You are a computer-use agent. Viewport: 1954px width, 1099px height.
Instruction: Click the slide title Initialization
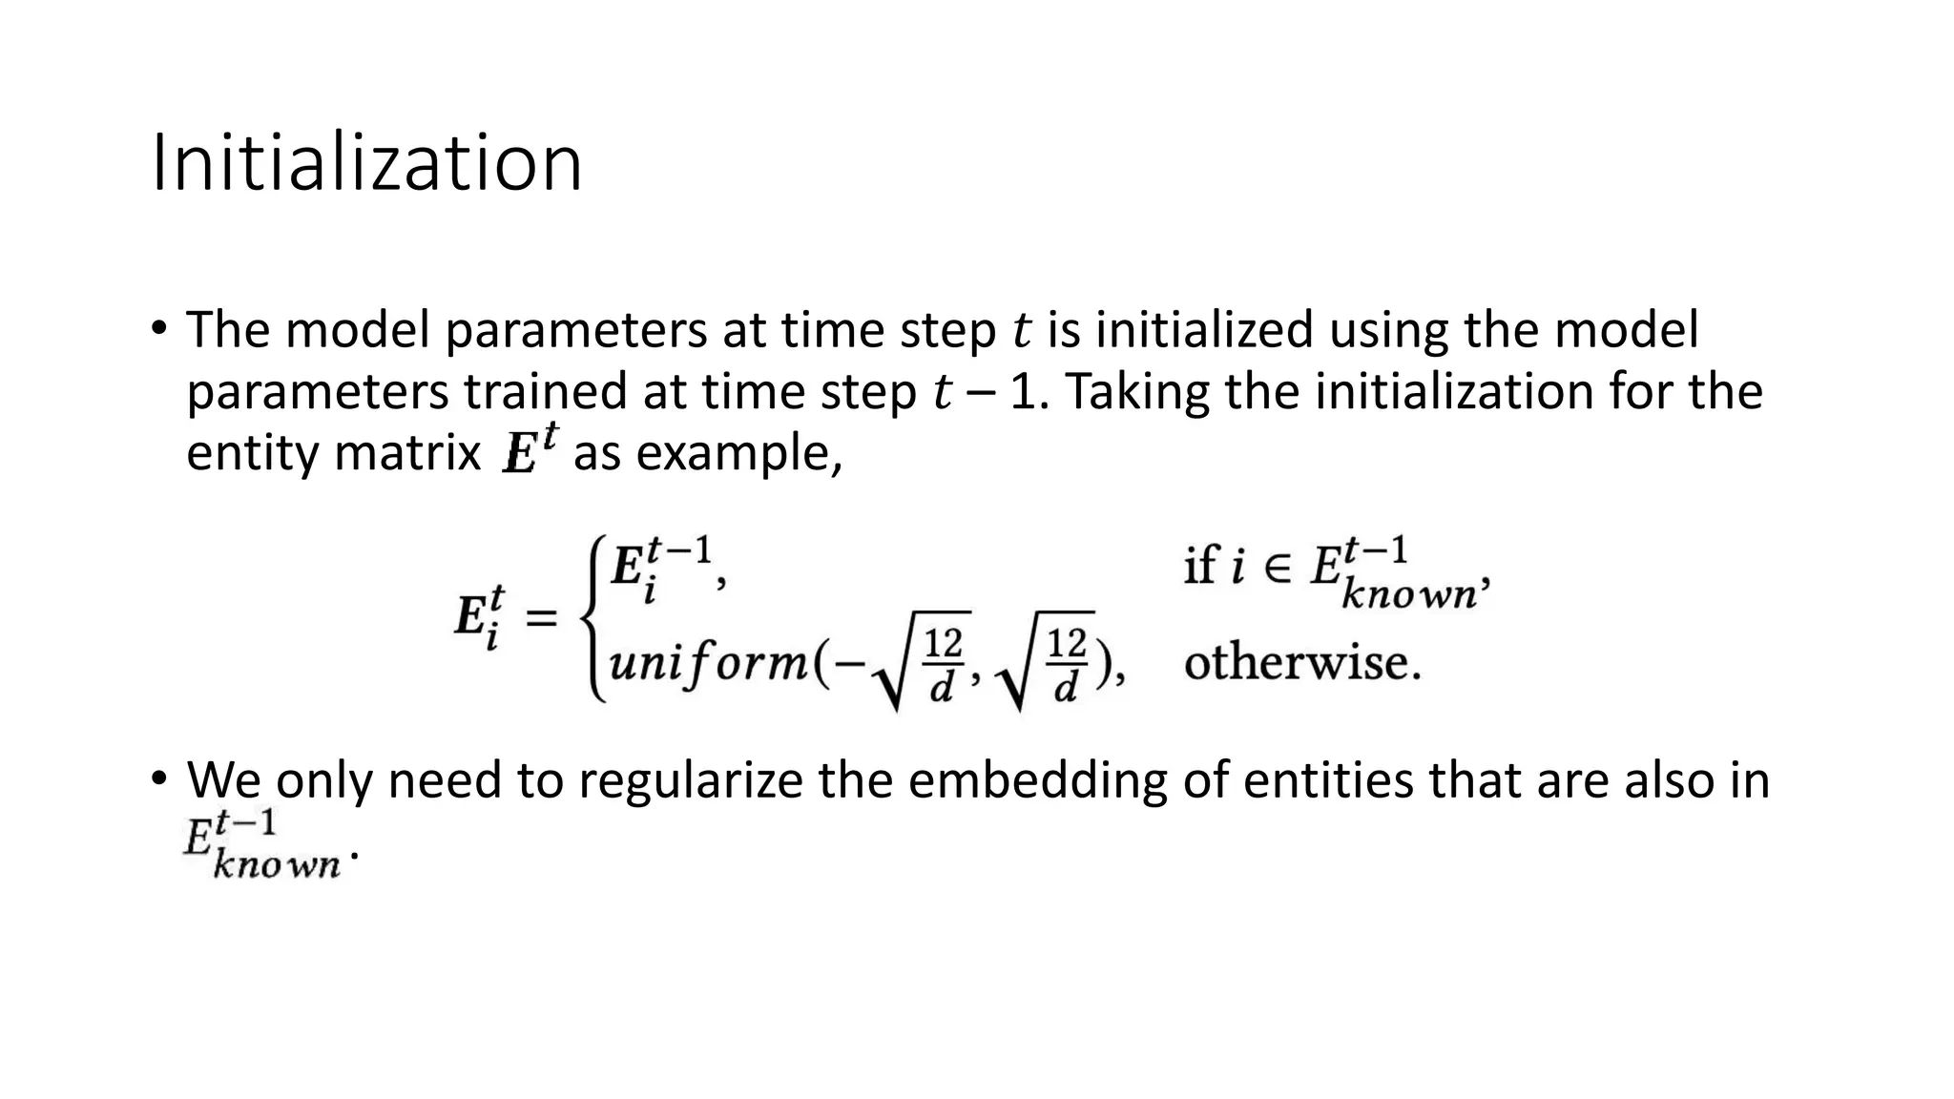point(366,164)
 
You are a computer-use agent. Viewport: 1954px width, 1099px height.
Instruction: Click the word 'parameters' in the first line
point(575,330)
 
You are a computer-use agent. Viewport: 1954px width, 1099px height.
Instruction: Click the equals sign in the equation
point(542,619)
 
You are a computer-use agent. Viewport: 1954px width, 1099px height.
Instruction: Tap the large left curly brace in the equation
point(594,619)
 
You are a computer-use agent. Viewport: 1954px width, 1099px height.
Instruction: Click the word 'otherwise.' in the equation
point(1302,662)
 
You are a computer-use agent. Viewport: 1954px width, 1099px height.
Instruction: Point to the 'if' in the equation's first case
point(1199,567)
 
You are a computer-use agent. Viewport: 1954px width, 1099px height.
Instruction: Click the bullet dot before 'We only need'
point(158,778)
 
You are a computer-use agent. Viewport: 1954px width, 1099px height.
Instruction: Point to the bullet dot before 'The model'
point(158,328)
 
